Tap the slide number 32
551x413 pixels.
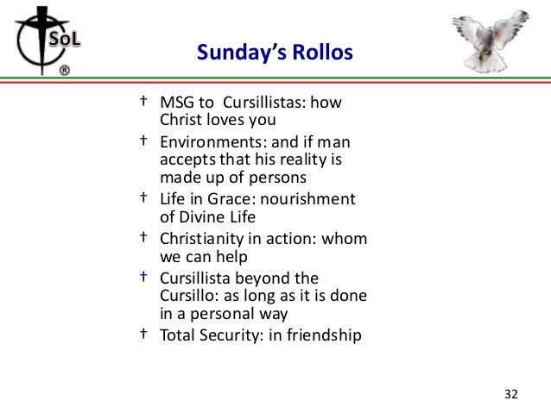(510, 394)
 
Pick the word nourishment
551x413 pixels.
(312, 199)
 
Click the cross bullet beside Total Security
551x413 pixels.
(143, 333)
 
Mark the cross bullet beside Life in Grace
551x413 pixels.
(143, 197)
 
